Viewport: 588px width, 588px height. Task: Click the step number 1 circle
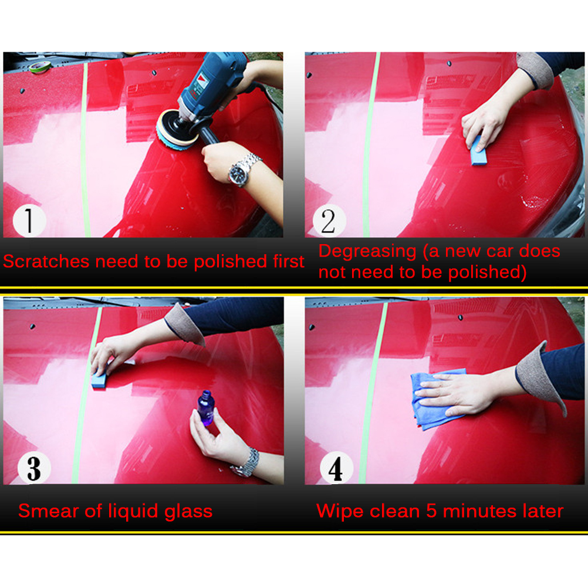(x=29, y=221)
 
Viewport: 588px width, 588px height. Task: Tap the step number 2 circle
(x=329, y=221)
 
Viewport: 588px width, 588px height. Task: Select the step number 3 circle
(x=34, y=468)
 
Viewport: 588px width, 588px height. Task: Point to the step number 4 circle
(x=336, y=468)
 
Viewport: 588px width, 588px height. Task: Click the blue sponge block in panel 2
(x=478, y=151)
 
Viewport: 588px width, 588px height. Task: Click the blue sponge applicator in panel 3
(x=99, y=380)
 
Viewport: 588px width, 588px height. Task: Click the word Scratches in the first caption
(x=46, y=261)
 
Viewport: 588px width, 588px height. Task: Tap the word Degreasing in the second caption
(x=367, y=252)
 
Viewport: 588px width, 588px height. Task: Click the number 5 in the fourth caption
(x=431, y=511)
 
